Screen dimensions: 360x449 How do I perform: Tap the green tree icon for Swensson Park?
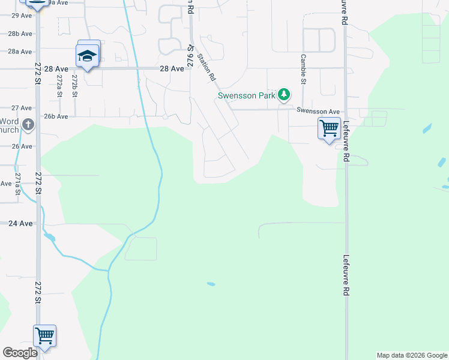tap(284, 94)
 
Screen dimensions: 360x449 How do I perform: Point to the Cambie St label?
tap(303, 69)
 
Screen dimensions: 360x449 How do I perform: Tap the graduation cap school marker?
tap(88, 56)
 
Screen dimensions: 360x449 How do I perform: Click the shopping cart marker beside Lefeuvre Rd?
tap(329, 128)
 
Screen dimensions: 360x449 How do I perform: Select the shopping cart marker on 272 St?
tap(45, 336)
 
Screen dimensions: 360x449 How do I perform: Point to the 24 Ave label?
tap(20, 223)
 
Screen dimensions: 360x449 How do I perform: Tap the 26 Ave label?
tap(22, 146)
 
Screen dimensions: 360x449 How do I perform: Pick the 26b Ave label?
tap(55, 116)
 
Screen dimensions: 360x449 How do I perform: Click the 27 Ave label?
tap(22, 108)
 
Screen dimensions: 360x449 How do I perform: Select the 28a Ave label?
tap(20, 52)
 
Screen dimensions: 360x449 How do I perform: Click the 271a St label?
tap(18, 182)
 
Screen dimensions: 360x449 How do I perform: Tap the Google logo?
tap(20, 353)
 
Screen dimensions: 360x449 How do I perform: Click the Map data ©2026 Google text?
tap(412, 355)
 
